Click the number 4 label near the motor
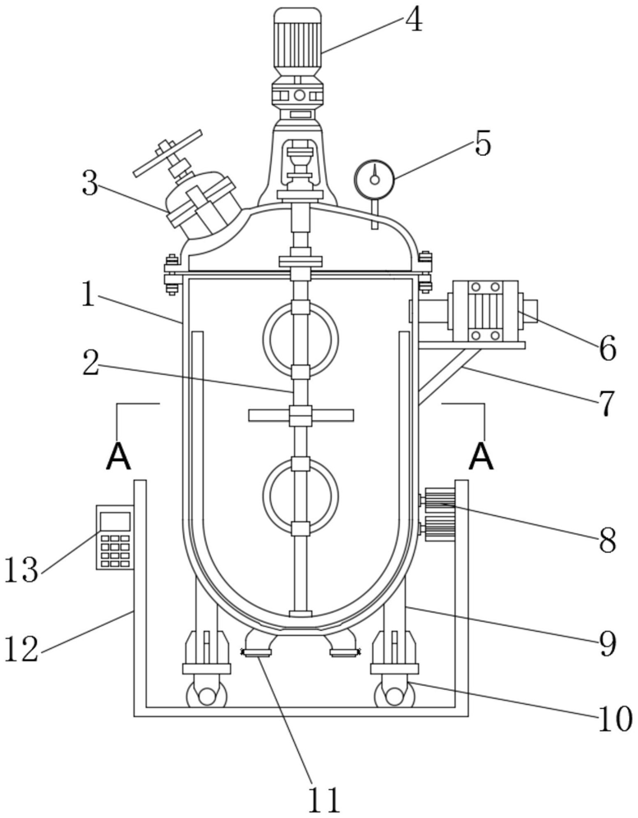pyautogui.click(x=414, y=21)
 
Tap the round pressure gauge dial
pyautogui.click(x=374, y=179)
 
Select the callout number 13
pyautogui.click(x=22, y=569)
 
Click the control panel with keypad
pyautogui.click(x=115, y=537)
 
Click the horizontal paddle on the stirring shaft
pyautogui.click(x=301, y=415)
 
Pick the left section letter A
pyautogui.click(x=118, y=458)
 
